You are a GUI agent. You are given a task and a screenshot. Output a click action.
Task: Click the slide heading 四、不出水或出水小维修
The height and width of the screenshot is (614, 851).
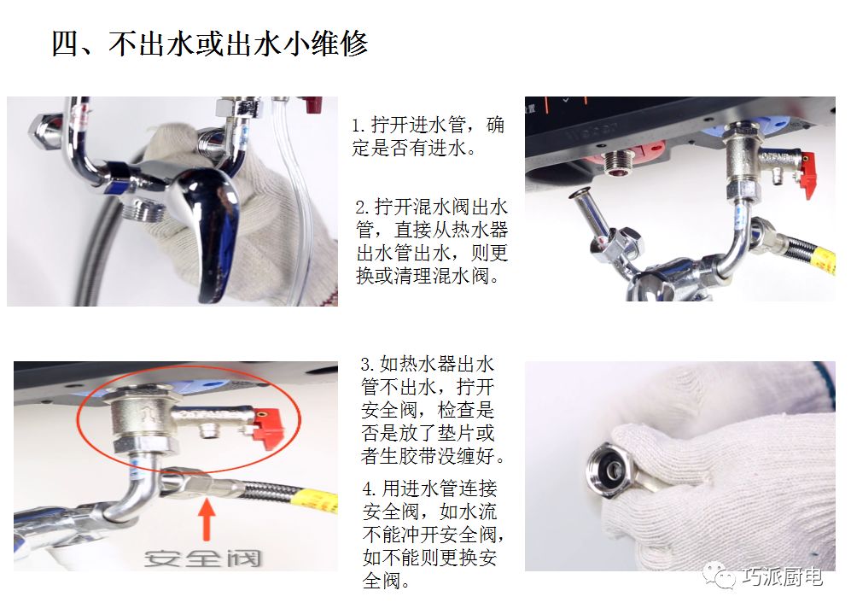pos(209,44)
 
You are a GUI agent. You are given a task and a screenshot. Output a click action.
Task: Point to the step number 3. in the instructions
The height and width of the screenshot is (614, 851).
pos(367,365)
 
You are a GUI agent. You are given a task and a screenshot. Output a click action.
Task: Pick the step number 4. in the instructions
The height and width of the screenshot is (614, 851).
pos(369,489)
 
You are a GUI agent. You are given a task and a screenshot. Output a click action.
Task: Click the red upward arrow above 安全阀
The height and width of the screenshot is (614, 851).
pos(207,519)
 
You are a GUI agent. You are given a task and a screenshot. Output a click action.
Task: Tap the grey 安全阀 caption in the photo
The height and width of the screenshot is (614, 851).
pos(203,558)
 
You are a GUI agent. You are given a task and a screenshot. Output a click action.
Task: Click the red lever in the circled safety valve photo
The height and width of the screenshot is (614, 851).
pos(268,429)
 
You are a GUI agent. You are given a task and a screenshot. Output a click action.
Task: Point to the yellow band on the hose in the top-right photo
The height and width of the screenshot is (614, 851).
pos(824,260)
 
